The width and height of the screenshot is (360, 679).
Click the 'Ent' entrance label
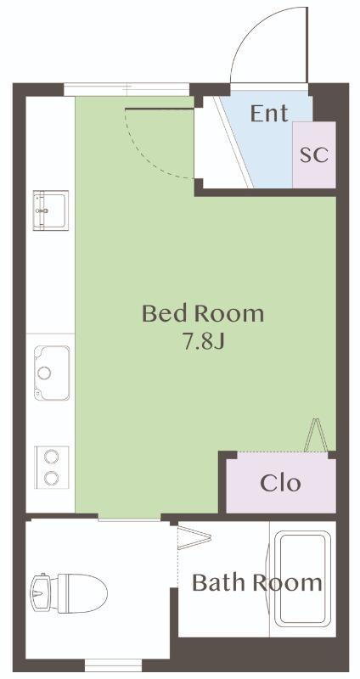[x=269, y=114]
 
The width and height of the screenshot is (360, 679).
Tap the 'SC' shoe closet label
[x=314, y=155]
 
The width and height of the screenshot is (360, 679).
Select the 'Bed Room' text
[x=203, y=313]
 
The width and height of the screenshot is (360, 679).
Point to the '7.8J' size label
[x=203, y=342]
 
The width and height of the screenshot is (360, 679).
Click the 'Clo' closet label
[x=280, y=483]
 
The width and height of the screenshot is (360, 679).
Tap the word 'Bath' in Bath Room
[x=218, y=582]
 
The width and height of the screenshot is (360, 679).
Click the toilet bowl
[x=82, y=593]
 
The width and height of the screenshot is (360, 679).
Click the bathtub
[x=302, y=579]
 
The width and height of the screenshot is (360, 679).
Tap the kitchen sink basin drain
[x=44, y=373]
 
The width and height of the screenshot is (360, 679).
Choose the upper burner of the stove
[x=52, y=457]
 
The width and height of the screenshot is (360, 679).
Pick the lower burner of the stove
[x=52, y=478]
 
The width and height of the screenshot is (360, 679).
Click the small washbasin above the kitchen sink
[x=51, y=210]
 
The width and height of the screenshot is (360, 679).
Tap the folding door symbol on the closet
[x=316, y=435]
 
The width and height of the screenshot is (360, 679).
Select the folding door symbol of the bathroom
[x=194, y=537]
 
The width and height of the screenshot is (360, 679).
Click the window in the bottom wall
[x=113, y=665]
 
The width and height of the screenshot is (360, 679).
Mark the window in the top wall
[x=127, y=89]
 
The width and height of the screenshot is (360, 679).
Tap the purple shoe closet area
[x=314, y=154]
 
